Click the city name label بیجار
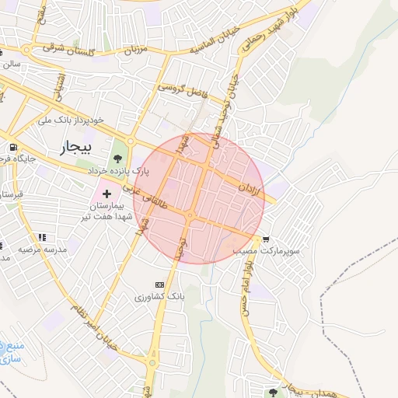(76, 147)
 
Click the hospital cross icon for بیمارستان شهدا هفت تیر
(106, 191)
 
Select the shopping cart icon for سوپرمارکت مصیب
(267, 239)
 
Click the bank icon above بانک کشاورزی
(160, 285)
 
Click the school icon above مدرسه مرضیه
(41, 237)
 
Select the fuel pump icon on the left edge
(12, 148)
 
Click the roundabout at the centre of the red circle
(190, 215)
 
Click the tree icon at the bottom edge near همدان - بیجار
(273, 393)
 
